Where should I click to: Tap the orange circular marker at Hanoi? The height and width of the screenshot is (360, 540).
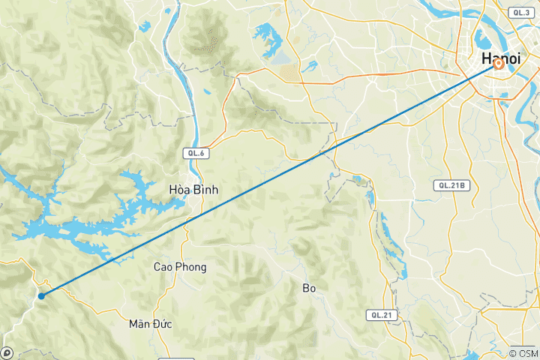[x=498, y=64]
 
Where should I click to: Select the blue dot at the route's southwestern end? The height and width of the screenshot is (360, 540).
[x=41, y=295]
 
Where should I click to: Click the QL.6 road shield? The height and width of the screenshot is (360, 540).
[x=195, y=152]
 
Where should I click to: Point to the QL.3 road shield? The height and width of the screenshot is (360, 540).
[x=519, y=13]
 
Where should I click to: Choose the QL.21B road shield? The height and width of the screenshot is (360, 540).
[x=452, y=184]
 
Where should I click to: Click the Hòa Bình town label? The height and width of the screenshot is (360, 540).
[x=193, y=190]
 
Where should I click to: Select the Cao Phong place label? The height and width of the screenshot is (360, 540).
[x=180, y=267]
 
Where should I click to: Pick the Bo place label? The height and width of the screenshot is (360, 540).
[x=310, y=288]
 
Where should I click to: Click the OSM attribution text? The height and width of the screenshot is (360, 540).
[x=522, y=352]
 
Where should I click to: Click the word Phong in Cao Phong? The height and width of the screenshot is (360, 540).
[x=191, y=267]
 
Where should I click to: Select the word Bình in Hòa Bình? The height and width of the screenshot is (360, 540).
[x=205, y=190]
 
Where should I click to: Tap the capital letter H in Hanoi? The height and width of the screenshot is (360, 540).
[x=486, y=58]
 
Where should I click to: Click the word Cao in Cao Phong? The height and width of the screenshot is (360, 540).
[x=164, y=267]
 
